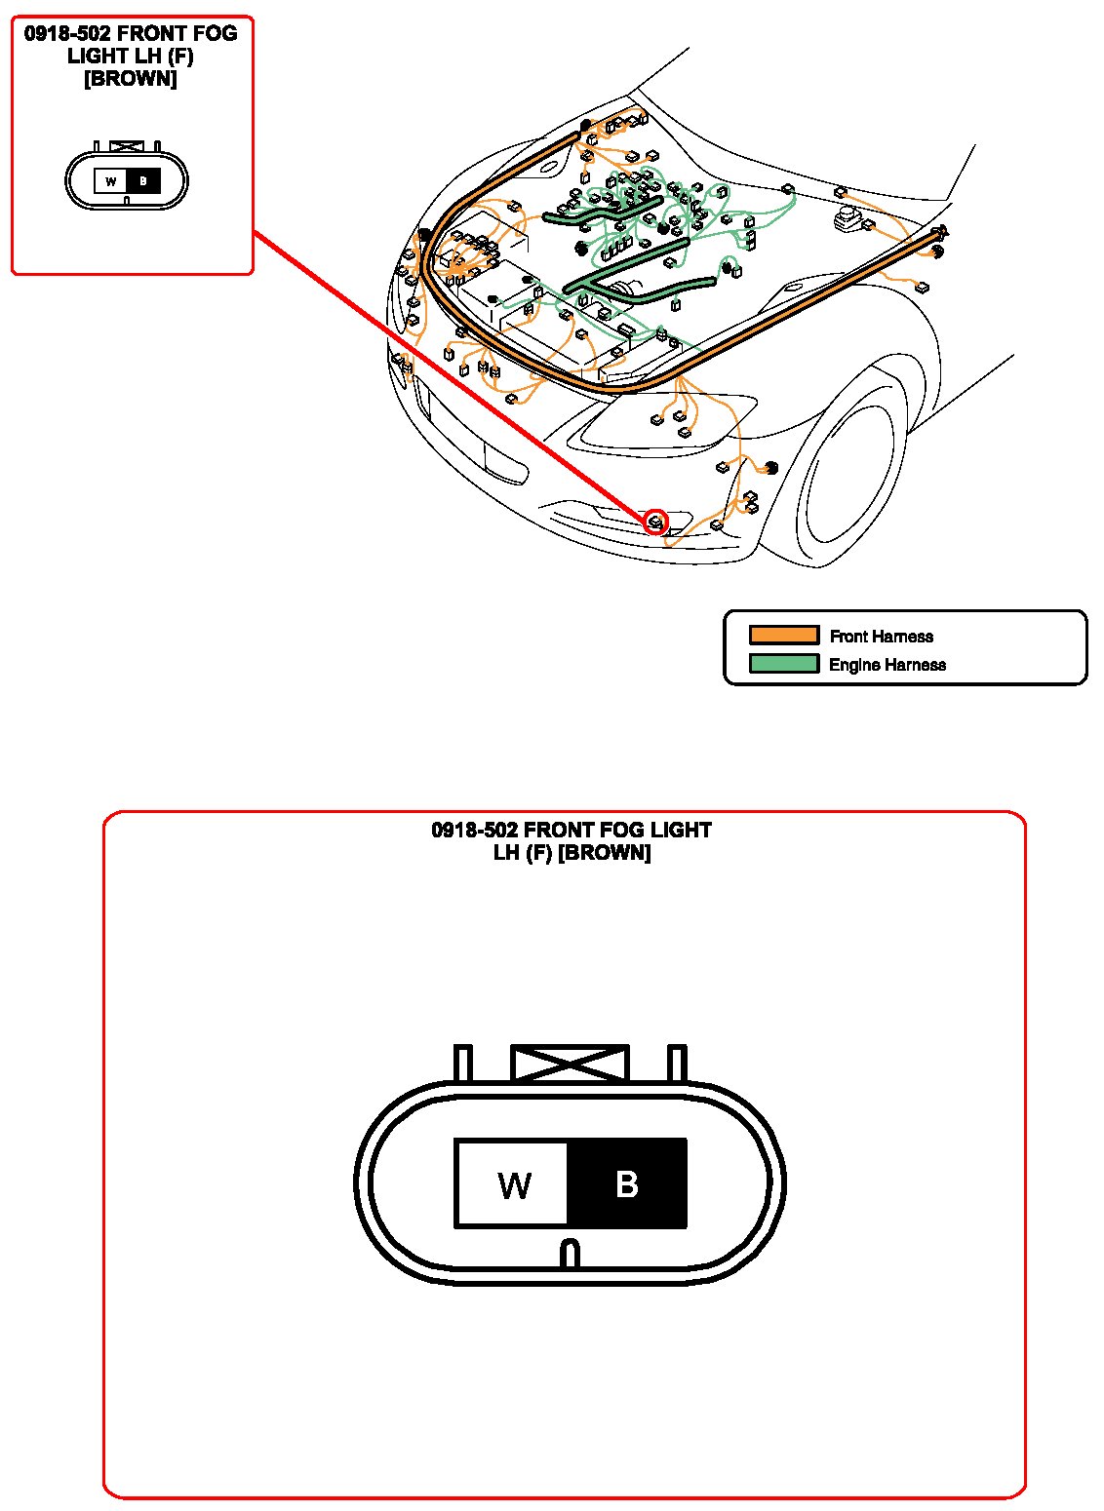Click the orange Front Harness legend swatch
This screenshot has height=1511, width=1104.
[x=783, y=636]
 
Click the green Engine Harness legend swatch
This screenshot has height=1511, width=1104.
[x=783, y=664]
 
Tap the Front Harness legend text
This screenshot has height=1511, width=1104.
[x=881, y=637]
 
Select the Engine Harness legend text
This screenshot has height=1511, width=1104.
[x=887, y=665]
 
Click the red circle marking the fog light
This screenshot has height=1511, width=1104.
[x=656, y=522]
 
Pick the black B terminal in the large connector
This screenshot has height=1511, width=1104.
[x=627, y=1183]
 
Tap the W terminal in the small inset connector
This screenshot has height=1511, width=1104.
[x=111, y=181]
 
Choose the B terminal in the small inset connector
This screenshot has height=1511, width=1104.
[x=143, y=181]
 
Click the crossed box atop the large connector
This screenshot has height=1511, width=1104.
[x=570, y=1063]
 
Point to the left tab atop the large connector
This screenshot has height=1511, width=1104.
[x=463, y=1063]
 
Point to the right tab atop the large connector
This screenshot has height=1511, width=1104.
[x=677, y=1063]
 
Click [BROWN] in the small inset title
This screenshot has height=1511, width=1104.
[x=131, y=79]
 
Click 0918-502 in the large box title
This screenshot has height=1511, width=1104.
[x=474, y=831]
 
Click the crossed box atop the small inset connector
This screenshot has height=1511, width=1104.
[x=127, y=146]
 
